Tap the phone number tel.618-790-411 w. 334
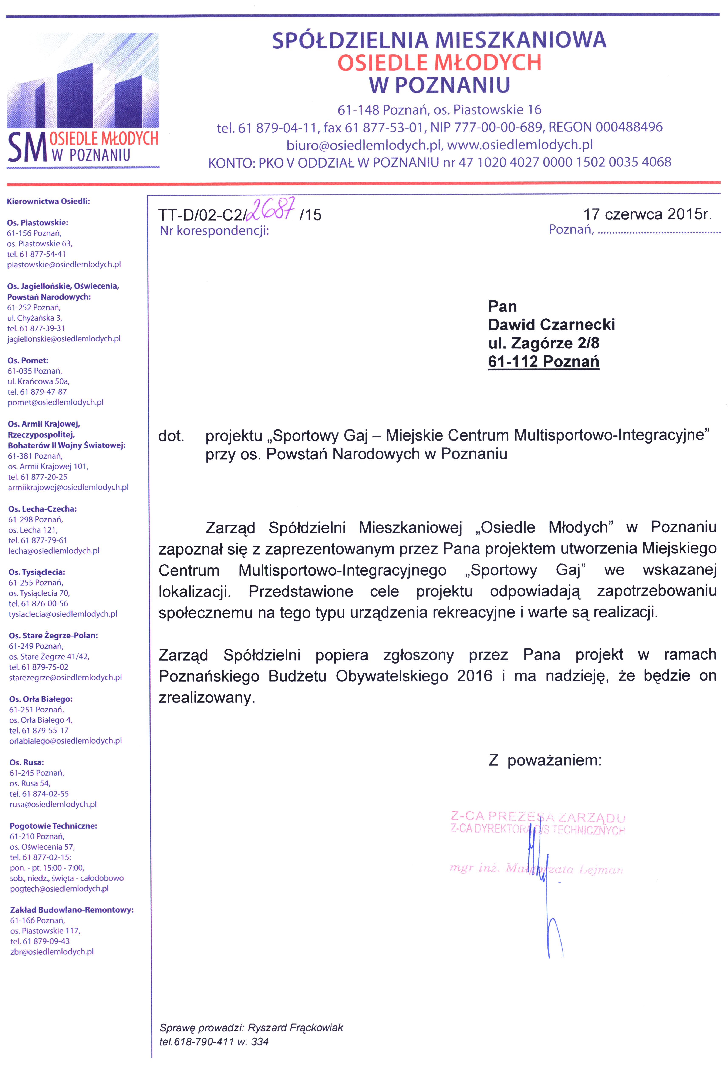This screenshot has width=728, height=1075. [214, 1042]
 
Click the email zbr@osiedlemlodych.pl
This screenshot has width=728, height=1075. [52, 951]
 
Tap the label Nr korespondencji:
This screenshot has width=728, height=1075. [214, 230]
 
